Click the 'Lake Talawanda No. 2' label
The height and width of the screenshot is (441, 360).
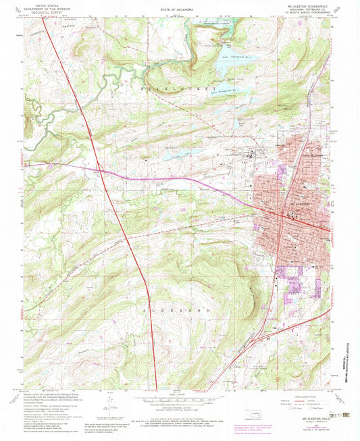pyautogui.click(x=222, y=88)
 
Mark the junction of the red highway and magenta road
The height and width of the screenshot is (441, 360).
pyautogui.click(x=99, y=168)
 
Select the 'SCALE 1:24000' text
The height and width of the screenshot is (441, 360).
pyautogui.click(x=180, y=392)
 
